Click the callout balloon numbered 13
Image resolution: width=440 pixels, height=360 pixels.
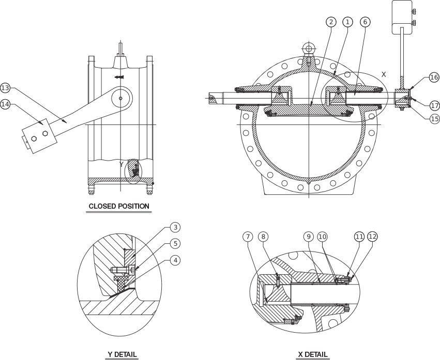(5, 88)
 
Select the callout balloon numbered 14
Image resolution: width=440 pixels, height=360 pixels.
(5, 104)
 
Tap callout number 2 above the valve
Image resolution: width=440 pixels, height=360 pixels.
(331, 22)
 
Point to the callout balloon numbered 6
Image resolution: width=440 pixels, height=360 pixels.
(365, 22)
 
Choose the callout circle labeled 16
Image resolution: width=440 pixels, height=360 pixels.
(434, 77)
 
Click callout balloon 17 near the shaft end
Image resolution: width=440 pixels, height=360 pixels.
(435, 106)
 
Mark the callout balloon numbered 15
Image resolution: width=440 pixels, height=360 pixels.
(435, 119)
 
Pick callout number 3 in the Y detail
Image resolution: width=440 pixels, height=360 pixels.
(175, 227)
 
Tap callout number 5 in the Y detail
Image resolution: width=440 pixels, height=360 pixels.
(175, 243)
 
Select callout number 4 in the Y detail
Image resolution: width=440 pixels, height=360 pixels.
(175, 260)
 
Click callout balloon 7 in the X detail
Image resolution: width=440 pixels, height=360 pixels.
(248, 237)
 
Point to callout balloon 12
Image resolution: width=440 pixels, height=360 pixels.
(372, 237)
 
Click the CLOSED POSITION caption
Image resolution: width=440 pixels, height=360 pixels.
(119, 206)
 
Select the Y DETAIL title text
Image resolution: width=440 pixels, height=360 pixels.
(122, 354)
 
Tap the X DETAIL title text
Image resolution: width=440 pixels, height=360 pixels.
(313, 354)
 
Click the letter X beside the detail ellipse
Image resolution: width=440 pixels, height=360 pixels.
(384, 74)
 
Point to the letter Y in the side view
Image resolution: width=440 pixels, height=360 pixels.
(121, 164)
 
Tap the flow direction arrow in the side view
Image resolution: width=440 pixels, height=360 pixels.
(119, 76)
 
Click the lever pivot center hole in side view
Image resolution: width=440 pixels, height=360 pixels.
(120, 98)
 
